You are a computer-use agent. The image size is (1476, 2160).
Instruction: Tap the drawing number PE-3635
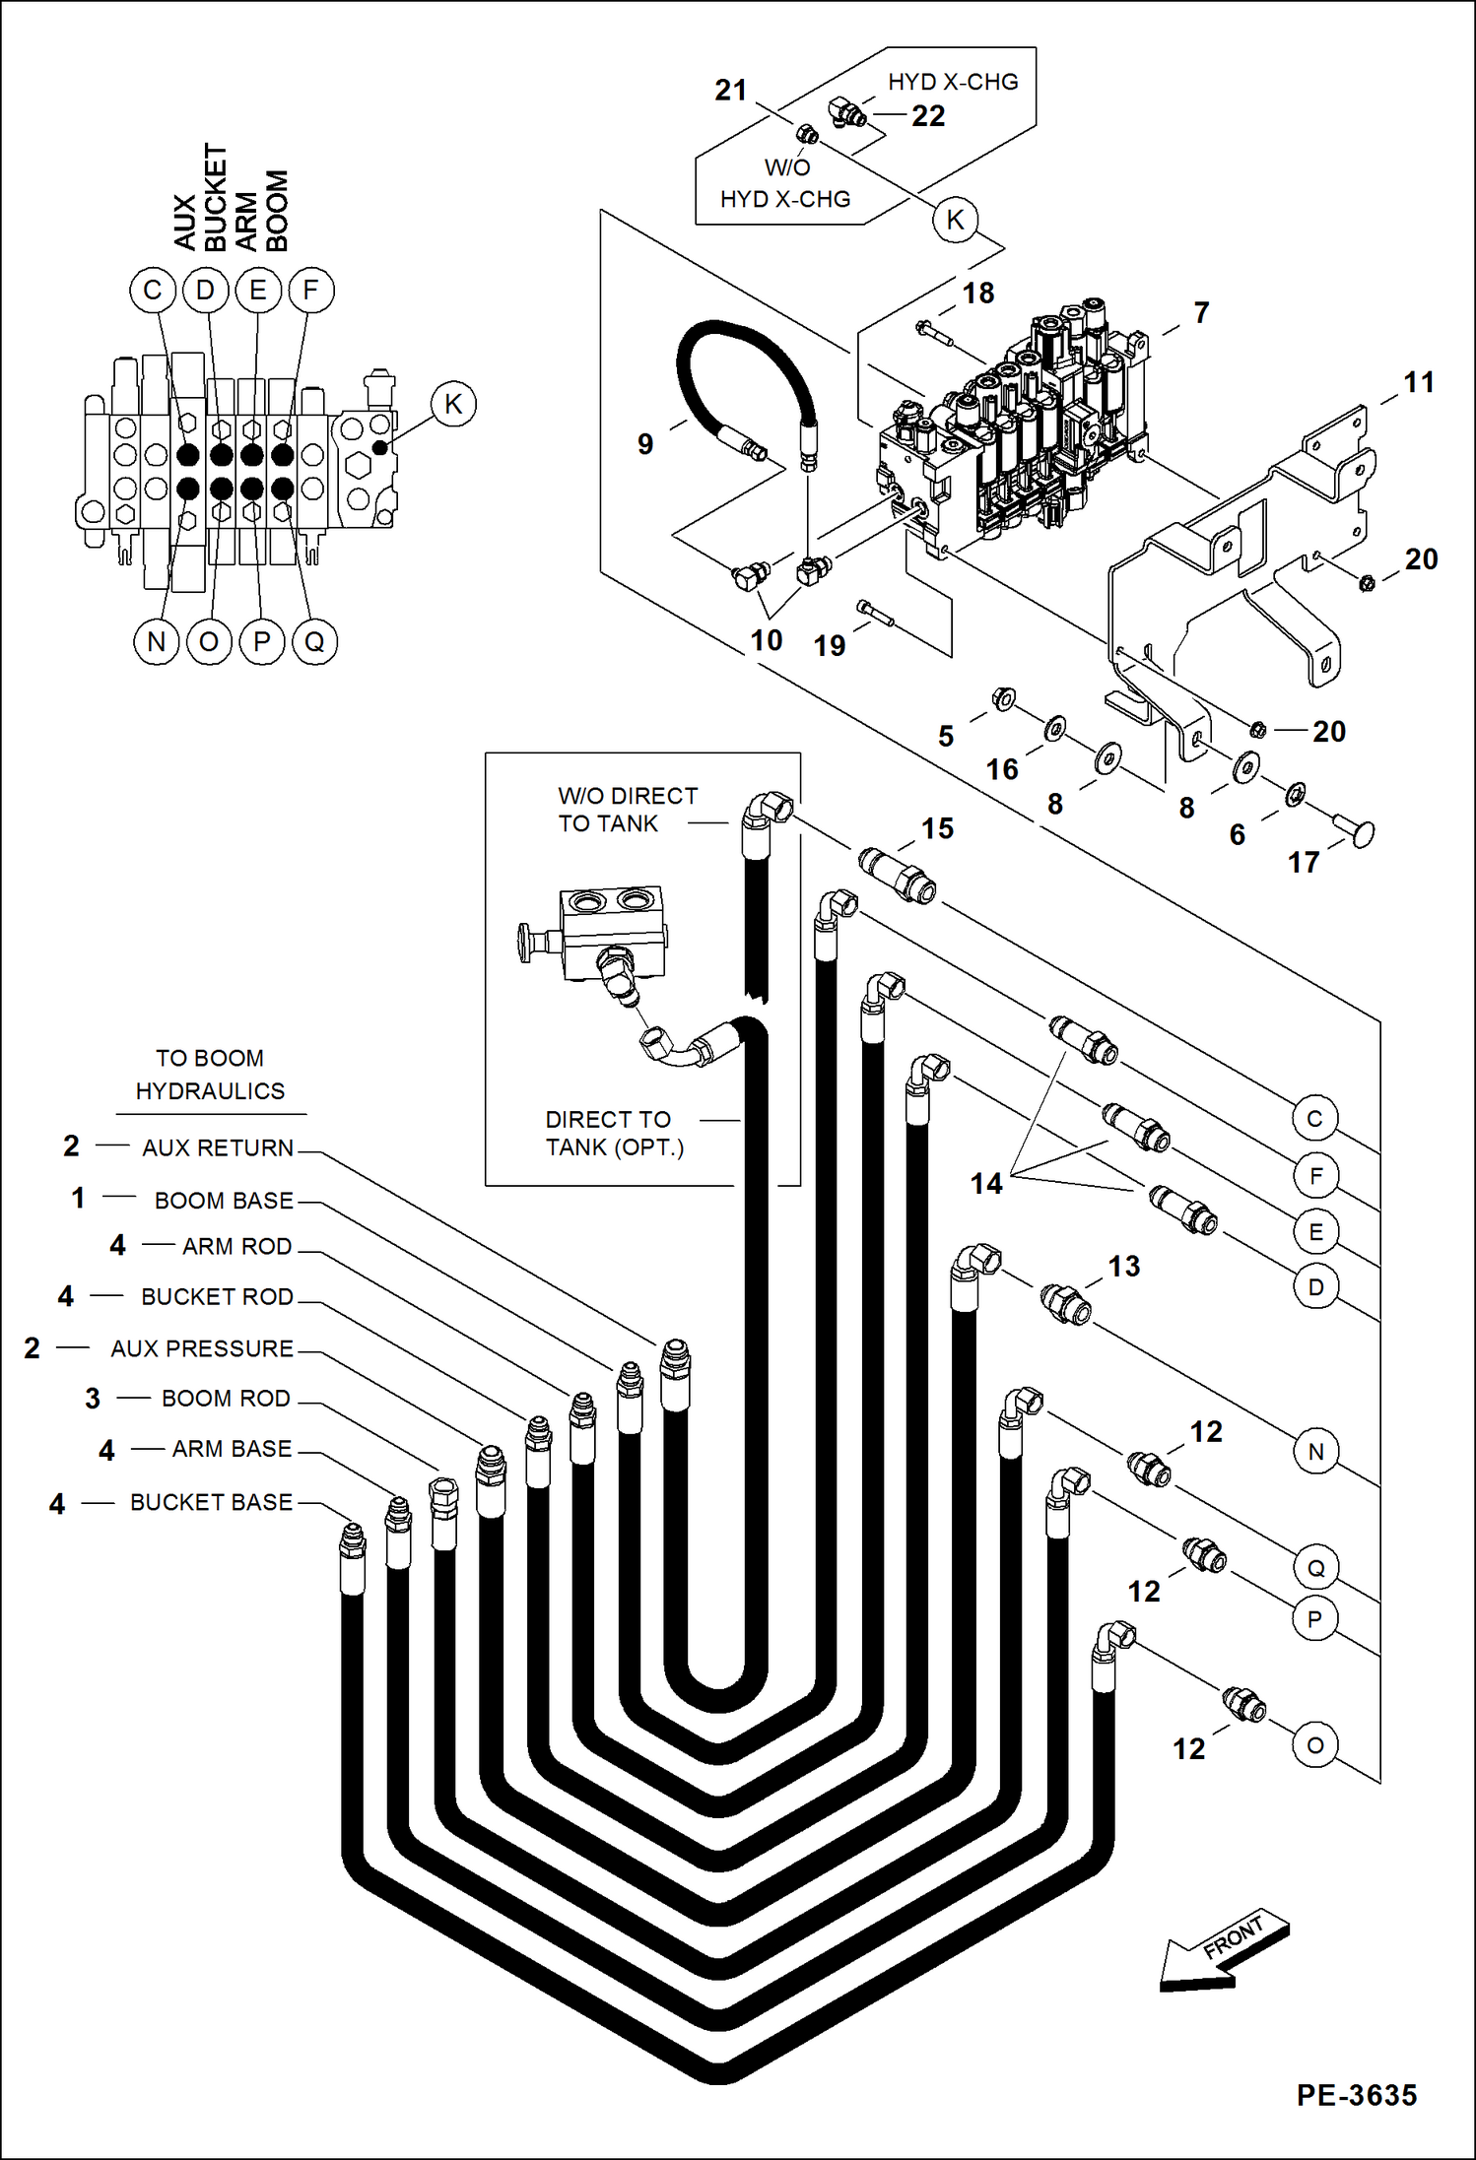pos(1356,2095)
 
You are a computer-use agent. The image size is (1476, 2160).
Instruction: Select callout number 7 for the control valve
pos(1201,312)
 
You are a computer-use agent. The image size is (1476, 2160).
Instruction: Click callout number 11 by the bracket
pos(1418,382)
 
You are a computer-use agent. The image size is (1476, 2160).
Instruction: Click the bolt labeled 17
pos(1355,829)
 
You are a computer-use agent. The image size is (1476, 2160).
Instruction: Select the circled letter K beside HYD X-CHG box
pos(955,220)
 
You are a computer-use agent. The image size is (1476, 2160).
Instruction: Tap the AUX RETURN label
pos(218,1147)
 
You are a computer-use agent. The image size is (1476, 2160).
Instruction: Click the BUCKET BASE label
pos(211,1502)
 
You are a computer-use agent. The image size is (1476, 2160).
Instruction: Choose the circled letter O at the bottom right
pos(1314,1745)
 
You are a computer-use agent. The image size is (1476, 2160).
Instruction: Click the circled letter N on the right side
pos(1315,1451)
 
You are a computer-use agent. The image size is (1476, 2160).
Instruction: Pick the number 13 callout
pos(1123,1266)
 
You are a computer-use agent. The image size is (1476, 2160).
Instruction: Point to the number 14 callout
pos(986,1183)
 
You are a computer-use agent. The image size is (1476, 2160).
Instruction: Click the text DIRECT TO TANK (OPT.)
pos(614,1134)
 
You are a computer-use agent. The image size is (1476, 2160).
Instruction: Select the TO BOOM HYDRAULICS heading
pos(210,1075)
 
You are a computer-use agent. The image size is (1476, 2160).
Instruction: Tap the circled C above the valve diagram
pos(153,291)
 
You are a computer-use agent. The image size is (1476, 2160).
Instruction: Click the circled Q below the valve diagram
pos(314,642)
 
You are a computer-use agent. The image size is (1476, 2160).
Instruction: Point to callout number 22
pos(928,116)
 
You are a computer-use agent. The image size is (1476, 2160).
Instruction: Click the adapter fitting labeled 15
pos(897,874)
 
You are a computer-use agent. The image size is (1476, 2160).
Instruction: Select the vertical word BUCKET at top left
pos(215,197)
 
